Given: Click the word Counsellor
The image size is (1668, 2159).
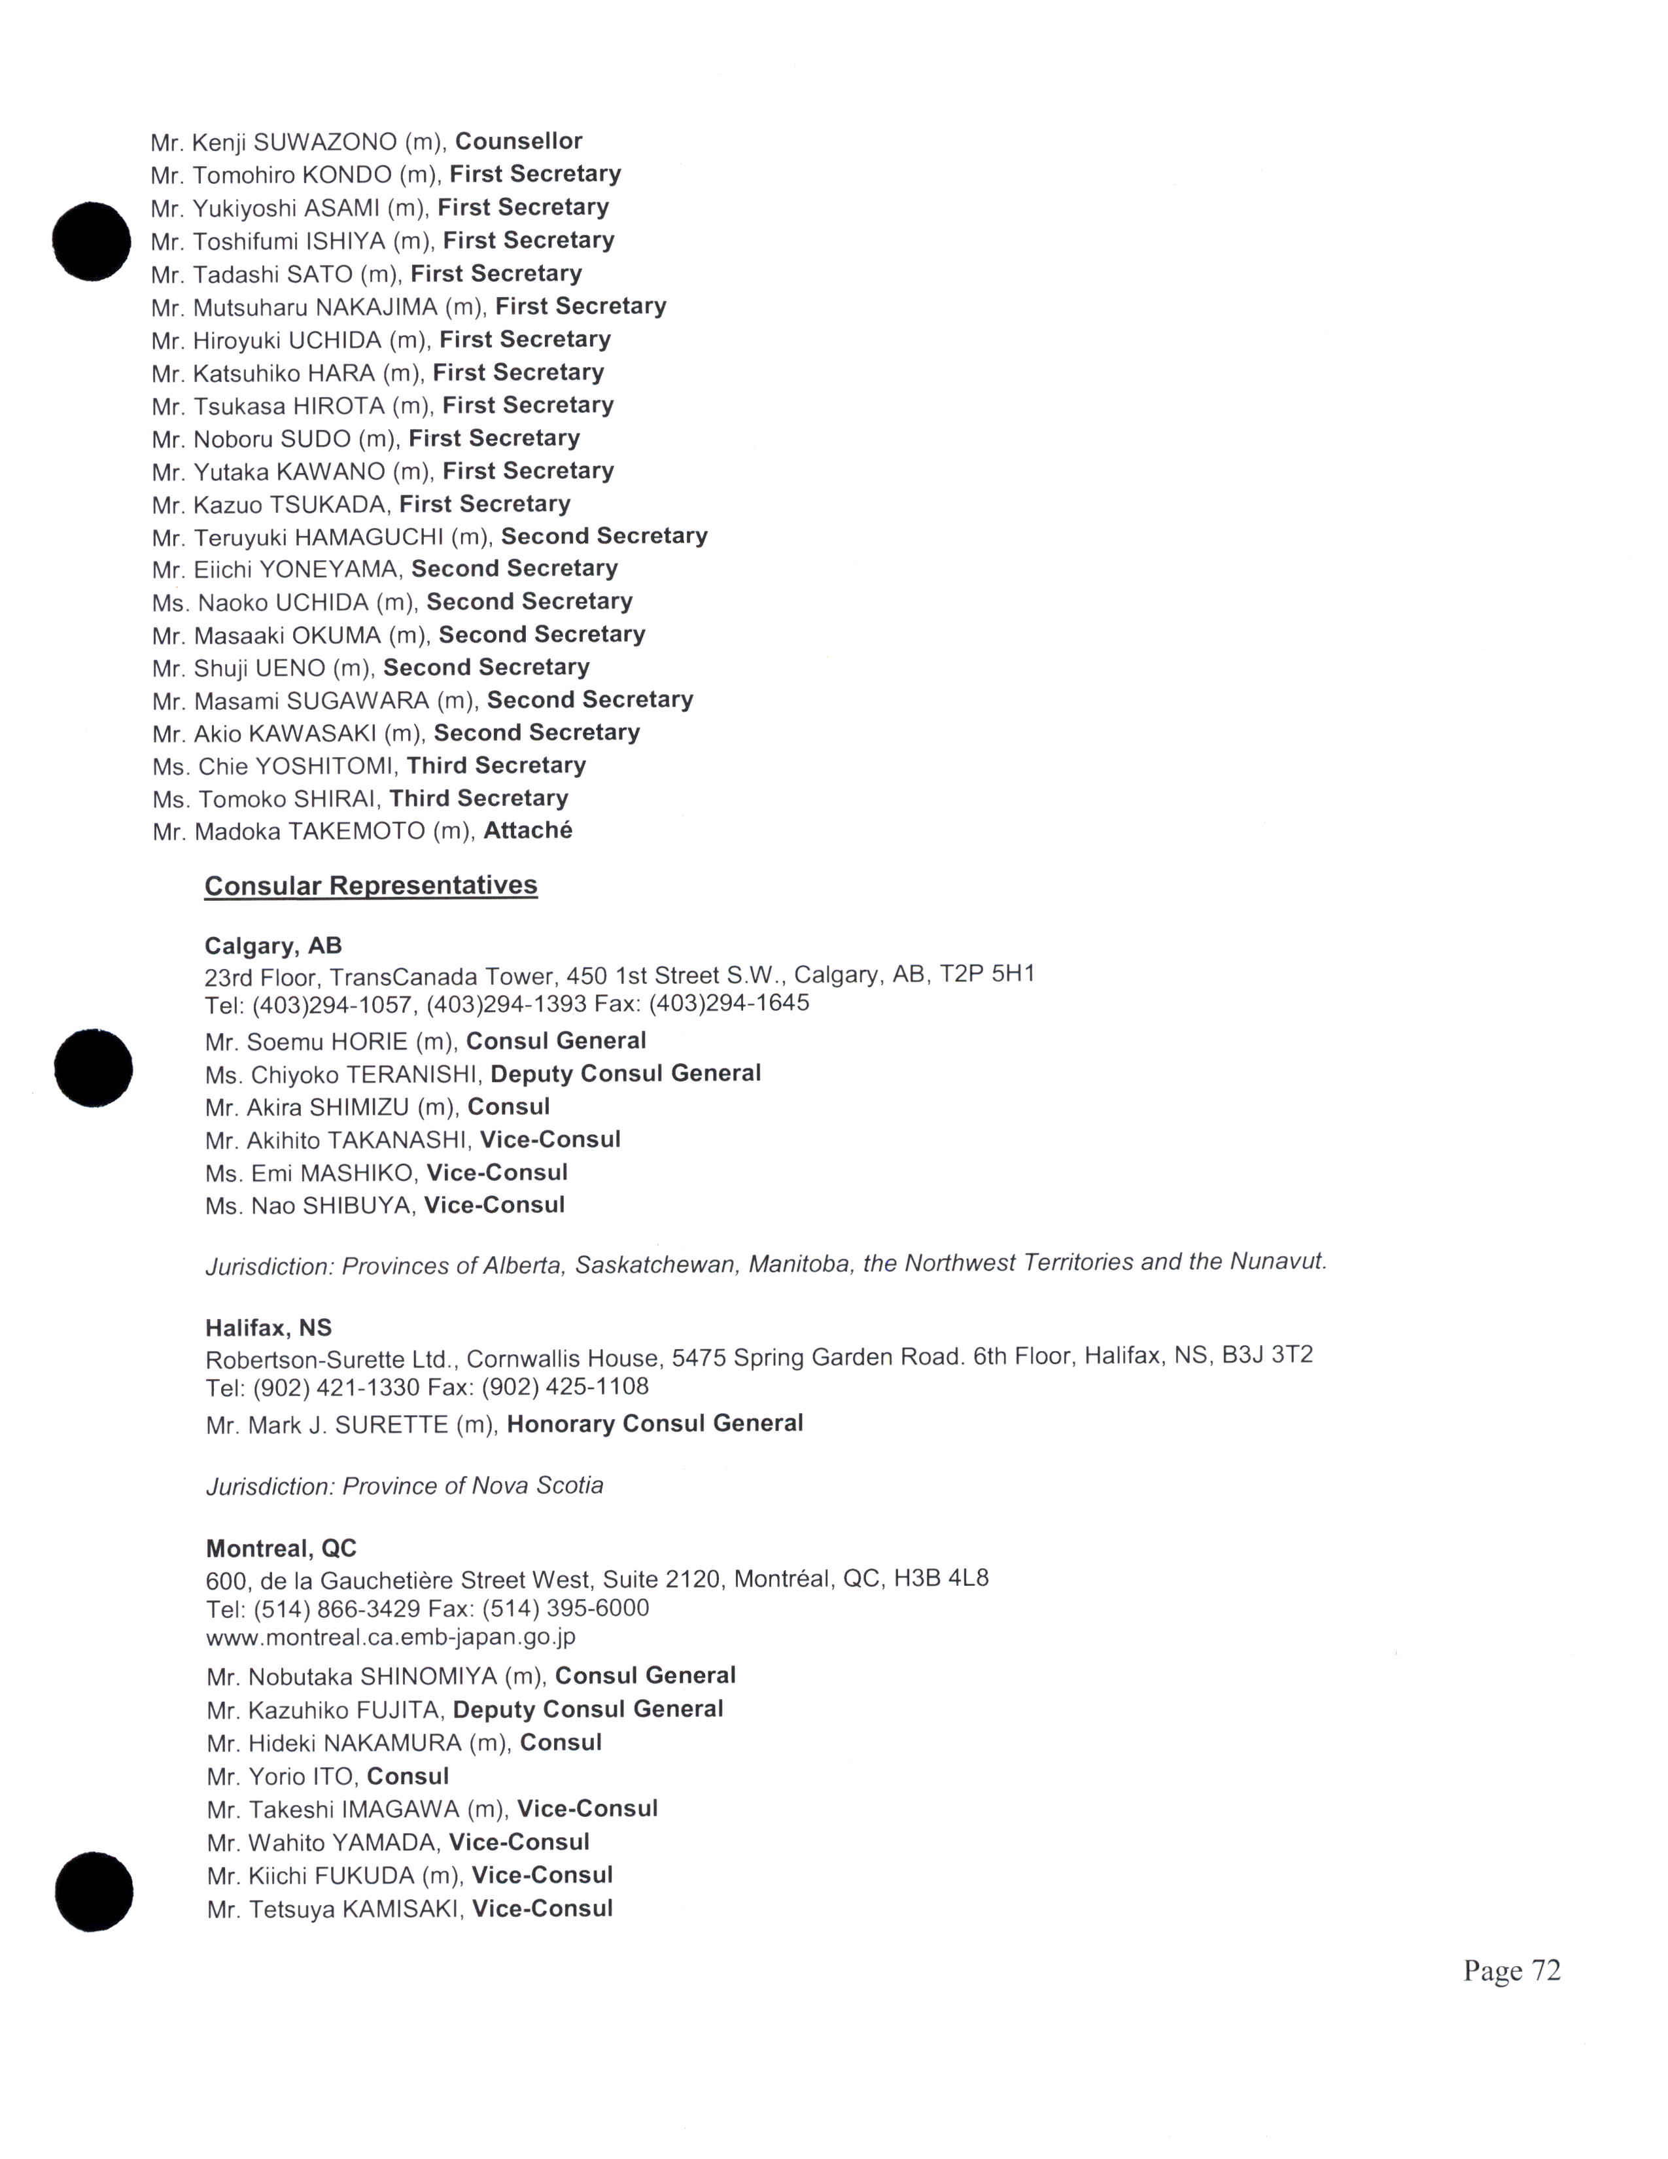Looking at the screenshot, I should tap(519, 141).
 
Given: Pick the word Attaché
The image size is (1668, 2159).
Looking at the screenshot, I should tap(528, 830).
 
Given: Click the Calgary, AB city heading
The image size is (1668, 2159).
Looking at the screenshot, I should tap(273, 946).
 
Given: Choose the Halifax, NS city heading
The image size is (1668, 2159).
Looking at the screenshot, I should tap(269, 1327).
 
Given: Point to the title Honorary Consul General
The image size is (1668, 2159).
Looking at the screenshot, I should tap(655, 1424).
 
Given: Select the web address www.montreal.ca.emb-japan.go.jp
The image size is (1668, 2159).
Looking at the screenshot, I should tap(391, 1636).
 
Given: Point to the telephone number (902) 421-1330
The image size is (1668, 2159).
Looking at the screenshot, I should tap(336, 1388).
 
